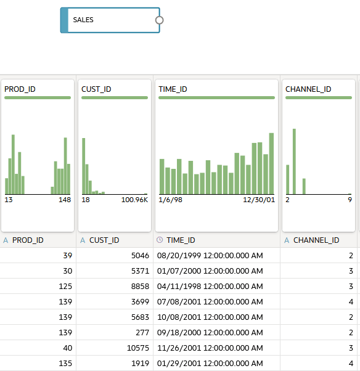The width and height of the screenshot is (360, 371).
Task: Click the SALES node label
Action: coord(83,20)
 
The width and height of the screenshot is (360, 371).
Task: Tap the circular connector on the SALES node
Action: coord(159,20)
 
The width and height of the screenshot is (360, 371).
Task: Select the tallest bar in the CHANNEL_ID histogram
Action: coord(294,161)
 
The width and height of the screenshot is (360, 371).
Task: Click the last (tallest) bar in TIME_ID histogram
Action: coord(271,163)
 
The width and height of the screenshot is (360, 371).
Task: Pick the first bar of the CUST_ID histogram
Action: coord(84,166)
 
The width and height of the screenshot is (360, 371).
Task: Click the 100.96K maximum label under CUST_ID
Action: coord(134,200)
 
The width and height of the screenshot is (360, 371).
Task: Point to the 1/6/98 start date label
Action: coord(170,200)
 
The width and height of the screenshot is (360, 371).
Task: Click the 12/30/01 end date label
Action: coord(259,200)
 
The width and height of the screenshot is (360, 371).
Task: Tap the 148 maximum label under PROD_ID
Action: coord(65,200)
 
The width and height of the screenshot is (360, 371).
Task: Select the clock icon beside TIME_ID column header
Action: coord(160,240)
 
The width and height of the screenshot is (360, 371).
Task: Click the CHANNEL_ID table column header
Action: coord(316,240)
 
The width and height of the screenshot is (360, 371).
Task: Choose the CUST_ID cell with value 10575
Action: coord(138,348)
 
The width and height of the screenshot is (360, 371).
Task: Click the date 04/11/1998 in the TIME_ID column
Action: coord(179,287)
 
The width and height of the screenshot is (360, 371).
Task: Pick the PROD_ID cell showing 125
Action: coord(65,287)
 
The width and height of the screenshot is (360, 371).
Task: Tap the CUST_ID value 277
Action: coord(142,333)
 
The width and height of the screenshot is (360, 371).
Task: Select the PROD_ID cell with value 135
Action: coord(65,364)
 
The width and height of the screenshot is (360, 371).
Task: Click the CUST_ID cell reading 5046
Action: coord(140,256)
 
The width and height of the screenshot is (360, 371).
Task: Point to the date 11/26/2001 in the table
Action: coord(179,348)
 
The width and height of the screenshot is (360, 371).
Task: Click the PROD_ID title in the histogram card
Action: coord(20,89)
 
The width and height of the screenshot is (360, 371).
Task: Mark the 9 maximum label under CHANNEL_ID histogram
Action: coord(350,200)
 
